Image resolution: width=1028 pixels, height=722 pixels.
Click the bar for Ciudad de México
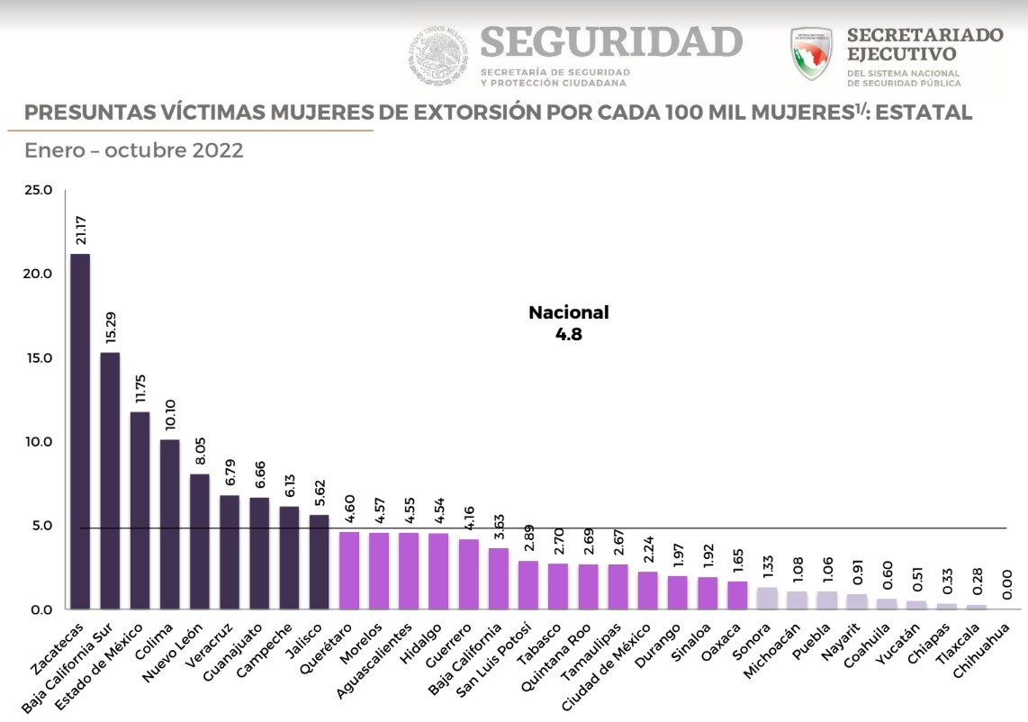[x=647, y=591]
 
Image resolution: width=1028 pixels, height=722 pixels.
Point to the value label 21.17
[x=81, y=230]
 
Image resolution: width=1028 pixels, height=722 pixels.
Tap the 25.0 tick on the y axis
[x=41, y=190]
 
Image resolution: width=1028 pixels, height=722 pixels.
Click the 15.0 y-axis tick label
[x=41, y=358]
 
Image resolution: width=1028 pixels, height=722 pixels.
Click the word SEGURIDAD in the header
[x=612, y=42]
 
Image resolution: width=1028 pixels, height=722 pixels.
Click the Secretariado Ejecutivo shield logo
[x=814, y=54]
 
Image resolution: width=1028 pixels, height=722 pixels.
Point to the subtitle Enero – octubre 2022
[x=134, y=150]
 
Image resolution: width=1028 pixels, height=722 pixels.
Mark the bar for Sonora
[x=767, y=598]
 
